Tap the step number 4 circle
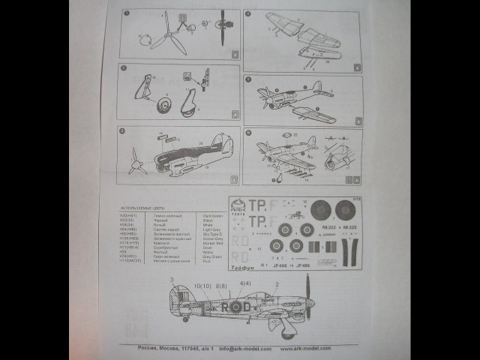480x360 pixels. tap(248, 13)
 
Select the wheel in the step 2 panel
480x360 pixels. tap(164, 106)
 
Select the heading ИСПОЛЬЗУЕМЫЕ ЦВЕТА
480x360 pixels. tap(145, 207)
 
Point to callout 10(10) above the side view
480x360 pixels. tap(202, 286)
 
